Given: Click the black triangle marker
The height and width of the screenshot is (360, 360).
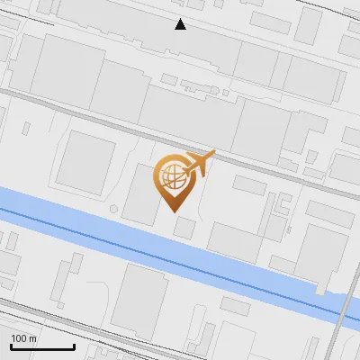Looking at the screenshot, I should [x=181, y=24].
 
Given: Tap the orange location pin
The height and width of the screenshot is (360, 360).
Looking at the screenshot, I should [x=174, y=179].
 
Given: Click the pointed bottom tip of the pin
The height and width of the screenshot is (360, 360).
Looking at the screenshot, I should [x=174, y=211].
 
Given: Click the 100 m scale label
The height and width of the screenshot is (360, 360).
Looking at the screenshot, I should [x=23, y=337].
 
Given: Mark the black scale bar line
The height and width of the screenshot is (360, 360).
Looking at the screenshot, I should [x=42, y=346].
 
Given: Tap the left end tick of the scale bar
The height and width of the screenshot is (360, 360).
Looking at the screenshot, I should [x=11, y=345].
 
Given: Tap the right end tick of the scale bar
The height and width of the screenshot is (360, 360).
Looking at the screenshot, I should [x=74, y=345].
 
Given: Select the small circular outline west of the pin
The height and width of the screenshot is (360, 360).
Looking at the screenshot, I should [x=113, y=209].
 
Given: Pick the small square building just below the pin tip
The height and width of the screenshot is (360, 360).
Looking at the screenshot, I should [x=184, y=227].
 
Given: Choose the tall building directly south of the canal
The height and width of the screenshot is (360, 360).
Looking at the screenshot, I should [x=139, y=301].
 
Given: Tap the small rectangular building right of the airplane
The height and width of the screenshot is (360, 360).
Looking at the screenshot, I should [x=249, y=184].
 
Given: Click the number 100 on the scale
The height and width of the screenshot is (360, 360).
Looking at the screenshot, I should [x=18, y=337].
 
